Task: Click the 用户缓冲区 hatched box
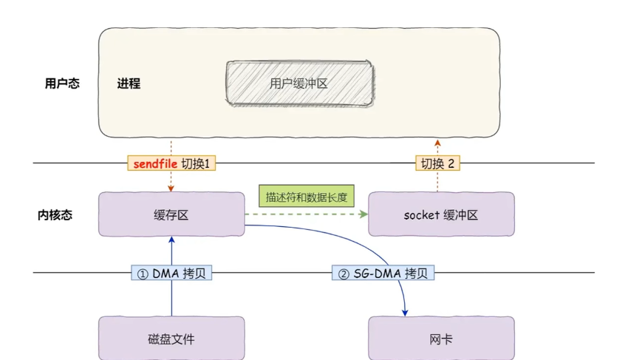click(298, 84)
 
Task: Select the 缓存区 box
click(171, 214)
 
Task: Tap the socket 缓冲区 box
click(441, 214)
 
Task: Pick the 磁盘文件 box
click(171, 339)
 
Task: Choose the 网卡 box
click(441, 339)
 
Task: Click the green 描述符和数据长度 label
click(306, 197)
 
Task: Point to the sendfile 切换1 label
click(171, 163)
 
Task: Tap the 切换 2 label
click(437, 163)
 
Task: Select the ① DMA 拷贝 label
click(171, 274)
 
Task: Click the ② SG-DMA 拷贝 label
click(383, 274)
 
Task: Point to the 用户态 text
click(62, 84)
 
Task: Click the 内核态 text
click(55, 215)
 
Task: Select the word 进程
click(129, 84)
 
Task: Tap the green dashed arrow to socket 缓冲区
click(310, 214)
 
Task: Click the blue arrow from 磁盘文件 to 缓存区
click(171, 296)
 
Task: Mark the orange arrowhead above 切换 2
click(437, 141)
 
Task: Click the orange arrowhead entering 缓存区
click(171, 189)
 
